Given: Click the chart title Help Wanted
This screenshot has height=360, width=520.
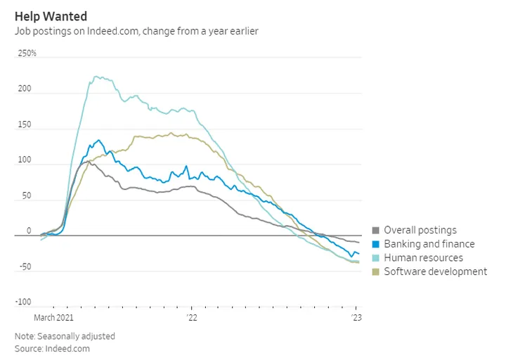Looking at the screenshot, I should [51, 15].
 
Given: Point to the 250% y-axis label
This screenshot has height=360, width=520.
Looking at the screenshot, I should [27, 53].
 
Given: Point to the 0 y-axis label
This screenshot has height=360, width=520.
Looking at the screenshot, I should [29, 231].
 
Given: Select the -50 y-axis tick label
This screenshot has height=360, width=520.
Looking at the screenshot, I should [25, 266].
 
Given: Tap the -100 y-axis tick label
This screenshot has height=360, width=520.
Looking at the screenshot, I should [24, 302].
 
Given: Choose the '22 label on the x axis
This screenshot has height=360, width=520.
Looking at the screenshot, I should [193, 318].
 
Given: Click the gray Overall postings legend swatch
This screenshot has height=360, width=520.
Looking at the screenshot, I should [376, 231].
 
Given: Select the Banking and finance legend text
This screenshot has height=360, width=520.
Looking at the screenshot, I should [429, 244].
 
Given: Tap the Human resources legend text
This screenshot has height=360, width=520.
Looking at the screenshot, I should [423, 258].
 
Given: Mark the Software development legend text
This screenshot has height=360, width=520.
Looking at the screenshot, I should [435, 271].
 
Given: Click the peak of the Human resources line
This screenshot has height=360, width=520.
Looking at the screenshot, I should [96, 77].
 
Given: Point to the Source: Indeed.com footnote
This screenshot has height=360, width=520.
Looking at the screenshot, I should [52, 348].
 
